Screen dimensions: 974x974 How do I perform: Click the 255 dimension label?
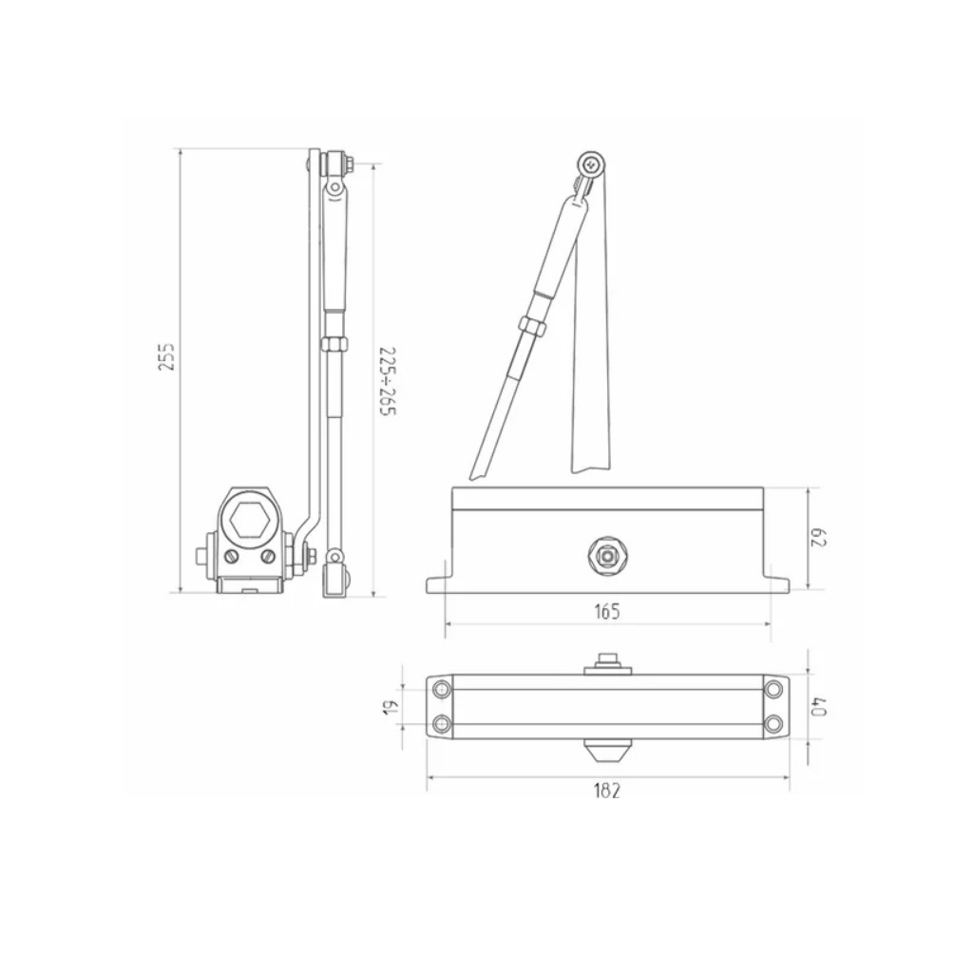pos(167,356)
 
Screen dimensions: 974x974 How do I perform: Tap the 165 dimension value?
pos(607,612)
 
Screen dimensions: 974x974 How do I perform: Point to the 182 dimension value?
pos(607,791)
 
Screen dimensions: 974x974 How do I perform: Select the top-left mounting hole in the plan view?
pos(442,689)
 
